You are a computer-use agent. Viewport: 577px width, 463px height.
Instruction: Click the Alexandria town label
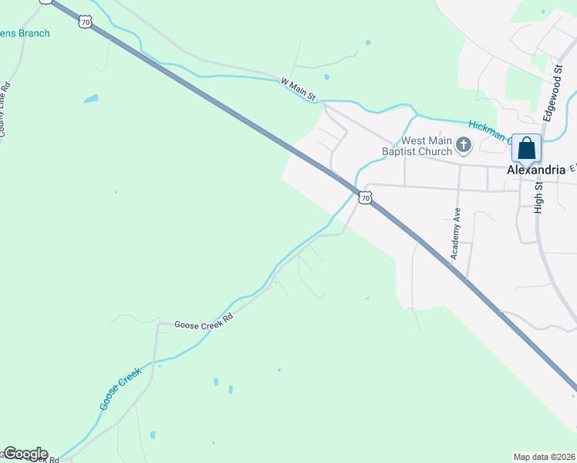(536, 171)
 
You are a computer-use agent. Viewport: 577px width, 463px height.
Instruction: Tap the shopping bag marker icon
(526, 147)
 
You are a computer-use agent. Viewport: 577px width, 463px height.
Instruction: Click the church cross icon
(464, 144)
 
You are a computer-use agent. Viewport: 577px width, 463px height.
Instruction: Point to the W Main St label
(299, 89)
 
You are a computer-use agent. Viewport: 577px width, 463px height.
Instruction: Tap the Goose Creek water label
(120, 387)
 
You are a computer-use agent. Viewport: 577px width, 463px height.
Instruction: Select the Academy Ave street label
(456, 233)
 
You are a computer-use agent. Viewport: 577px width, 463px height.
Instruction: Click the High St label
(538, 192)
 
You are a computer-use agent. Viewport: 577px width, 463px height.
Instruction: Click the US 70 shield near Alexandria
(366, 198)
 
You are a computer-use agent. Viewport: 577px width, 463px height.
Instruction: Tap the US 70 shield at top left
(85, 22)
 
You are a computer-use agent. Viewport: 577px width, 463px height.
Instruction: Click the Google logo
(25, 454)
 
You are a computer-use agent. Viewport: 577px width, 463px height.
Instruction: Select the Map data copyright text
(545, 456)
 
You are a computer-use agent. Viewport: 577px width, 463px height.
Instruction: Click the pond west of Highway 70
(91, 99)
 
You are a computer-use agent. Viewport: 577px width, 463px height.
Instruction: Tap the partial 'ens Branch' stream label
(25, 33)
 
